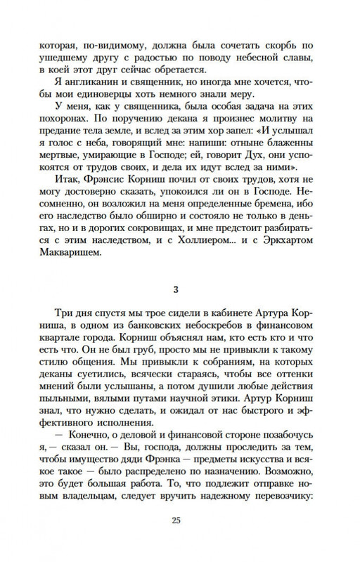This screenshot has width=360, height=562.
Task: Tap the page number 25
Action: click(180, 540)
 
